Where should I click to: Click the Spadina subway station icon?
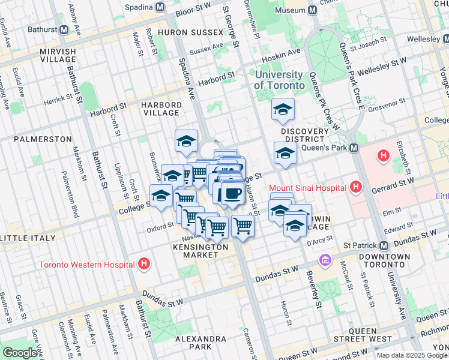tap(160, 8)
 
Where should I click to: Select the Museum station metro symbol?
tap(312, 11)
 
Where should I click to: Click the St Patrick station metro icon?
tap(383, 245)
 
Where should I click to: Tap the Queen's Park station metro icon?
tap(354, 148)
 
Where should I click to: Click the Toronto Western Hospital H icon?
tap(143, 263)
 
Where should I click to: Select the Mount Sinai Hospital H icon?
tap(356, 187)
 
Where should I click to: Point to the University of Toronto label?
tap(279, 80)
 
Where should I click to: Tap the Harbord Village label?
tap(161, 108)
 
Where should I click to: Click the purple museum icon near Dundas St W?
tap(325, 260)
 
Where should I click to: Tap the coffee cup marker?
tap(232, 193)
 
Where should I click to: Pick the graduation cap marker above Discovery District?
tap(283, 109)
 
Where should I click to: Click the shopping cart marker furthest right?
tap(243, 226)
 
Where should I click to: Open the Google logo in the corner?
tap(20, 353)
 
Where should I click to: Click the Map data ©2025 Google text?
tap(412, 356)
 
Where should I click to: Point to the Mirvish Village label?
tap(58, 56)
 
